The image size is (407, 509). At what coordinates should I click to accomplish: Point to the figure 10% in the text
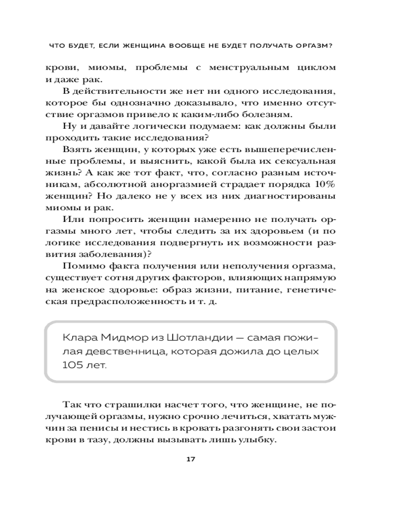(323, 183)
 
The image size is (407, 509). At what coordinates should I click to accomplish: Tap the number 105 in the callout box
(75, 365)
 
